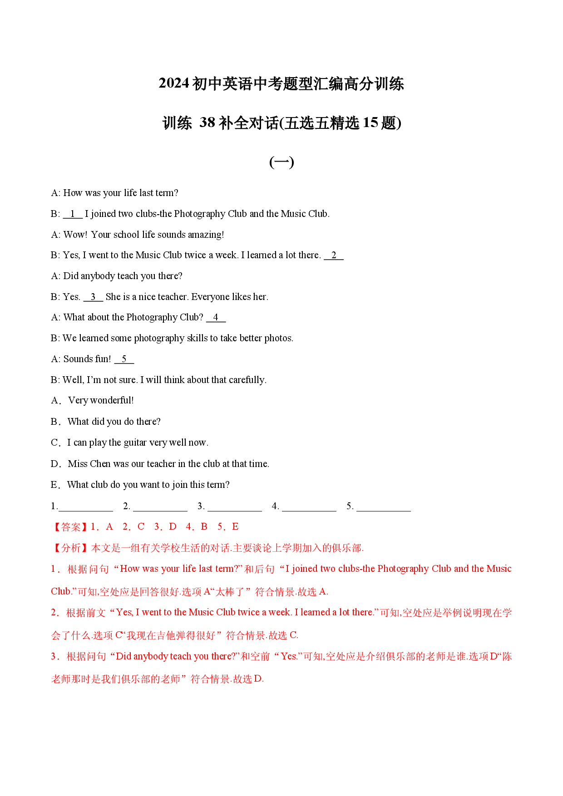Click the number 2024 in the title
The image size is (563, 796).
point(174,84)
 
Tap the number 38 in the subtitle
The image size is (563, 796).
point(207,123)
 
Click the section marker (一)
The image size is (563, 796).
point(281,162)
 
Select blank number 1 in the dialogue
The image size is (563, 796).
point(73,214)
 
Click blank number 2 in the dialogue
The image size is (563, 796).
point(334,256)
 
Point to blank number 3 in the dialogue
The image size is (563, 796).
point(93,297)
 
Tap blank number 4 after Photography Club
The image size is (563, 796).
point(216,318)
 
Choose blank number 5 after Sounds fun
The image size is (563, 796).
point(124,359)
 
